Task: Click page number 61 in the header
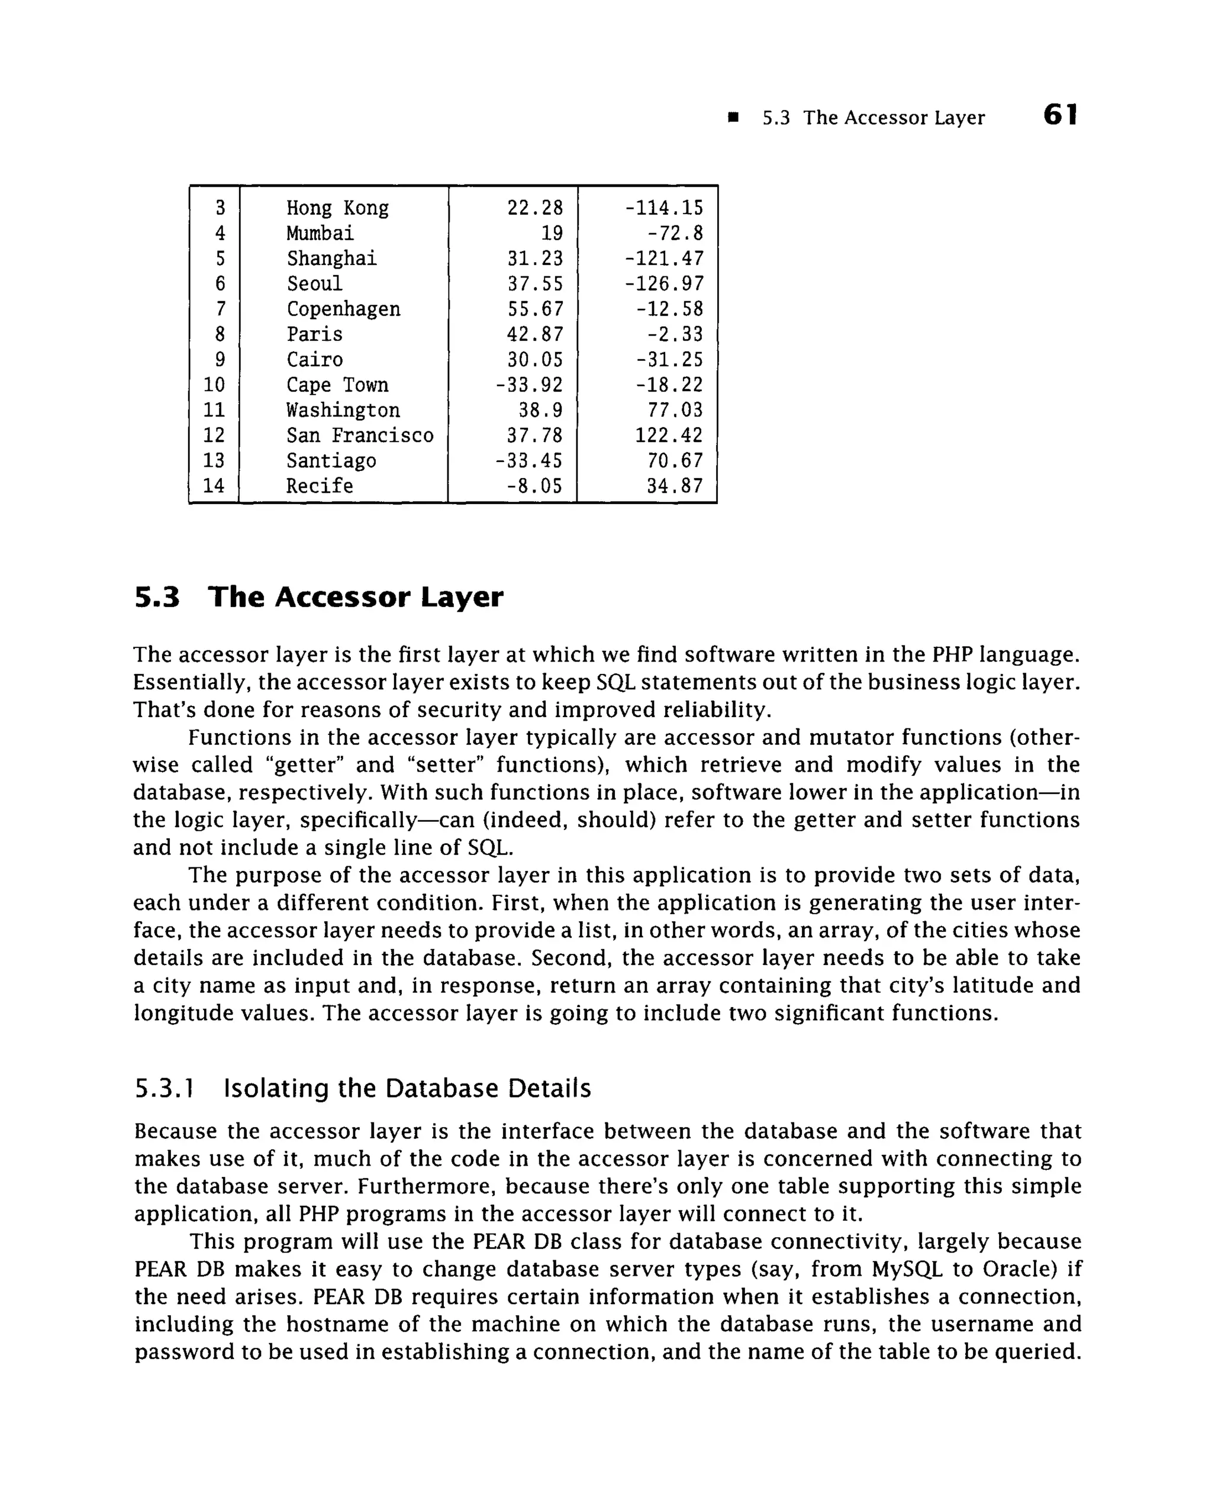pos(1060,115)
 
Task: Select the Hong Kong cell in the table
pos(337,208)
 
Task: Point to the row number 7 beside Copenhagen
pos(220,309)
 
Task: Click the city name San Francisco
pos(360,435)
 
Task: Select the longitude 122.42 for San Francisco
pos(668,435)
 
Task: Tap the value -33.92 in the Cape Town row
pos(528,385)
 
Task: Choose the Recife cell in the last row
pos(320,486)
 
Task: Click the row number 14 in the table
pos(214,486)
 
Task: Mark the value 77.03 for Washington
pos(675,410)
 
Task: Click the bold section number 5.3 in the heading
pos(157,598)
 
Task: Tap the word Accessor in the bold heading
pos(342,598)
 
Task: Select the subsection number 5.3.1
pos(163,1088)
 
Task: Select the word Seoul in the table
pos(314,283)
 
